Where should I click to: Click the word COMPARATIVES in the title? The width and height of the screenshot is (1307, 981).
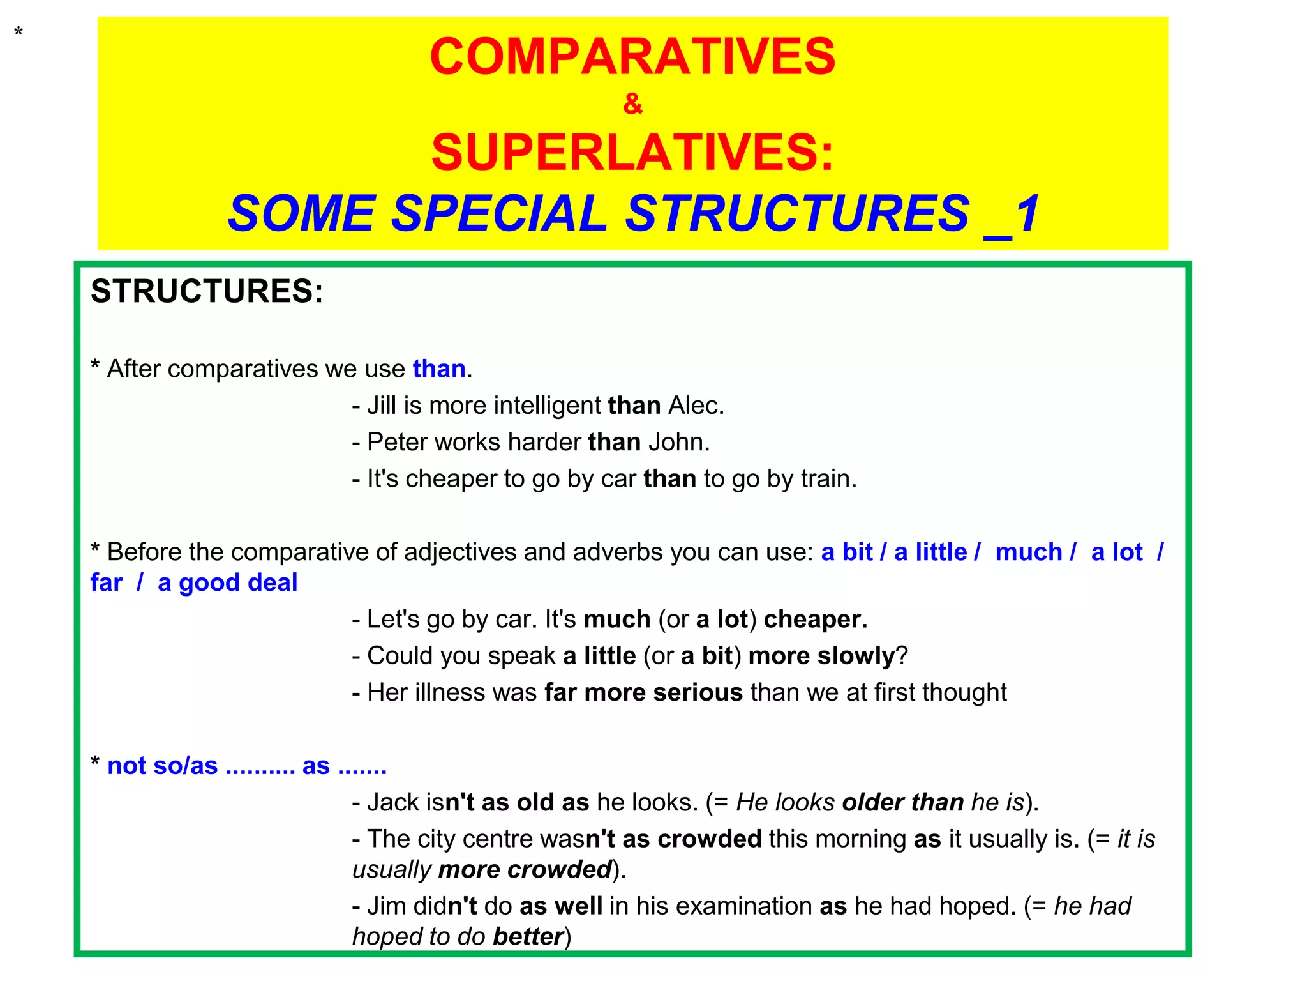tap(632, 56)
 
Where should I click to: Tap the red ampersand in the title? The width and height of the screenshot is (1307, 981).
tap(632, 103)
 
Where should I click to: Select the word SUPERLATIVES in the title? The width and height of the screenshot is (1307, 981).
tap(632, 153)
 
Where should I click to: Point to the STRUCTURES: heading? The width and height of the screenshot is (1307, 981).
tap(207, 291)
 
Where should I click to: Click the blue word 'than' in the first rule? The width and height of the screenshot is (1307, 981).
tap(439, 369)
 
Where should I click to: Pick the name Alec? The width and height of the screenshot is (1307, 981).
tap(695, 406)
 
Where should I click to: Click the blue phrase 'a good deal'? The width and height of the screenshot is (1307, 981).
tap(227, 582)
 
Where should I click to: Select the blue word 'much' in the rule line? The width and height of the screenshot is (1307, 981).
tap(1028, 552)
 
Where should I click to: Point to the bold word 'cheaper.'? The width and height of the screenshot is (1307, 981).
tap(815, 619)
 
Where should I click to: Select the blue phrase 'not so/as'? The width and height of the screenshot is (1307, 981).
tap(162, 766)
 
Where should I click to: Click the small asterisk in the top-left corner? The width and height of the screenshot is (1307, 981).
tap(19, 31)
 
